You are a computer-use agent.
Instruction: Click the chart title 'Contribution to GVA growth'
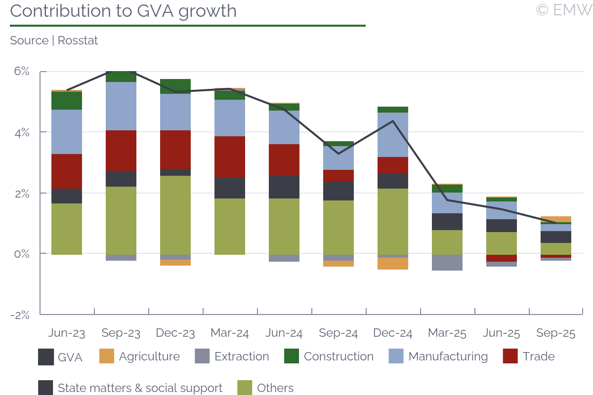(123, 11)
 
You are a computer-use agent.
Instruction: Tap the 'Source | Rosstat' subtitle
(54, 40)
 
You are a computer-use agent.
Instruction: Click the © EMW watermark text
(564, 10)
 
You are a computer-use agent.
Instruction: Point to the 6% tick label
(22, 71)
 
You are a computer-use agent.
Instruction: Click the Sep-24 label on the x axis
(338, 333)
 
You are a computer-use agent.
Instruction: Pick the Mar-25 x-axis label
(447, 333)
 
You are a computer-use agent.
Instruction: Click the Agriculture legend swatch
(107, 356)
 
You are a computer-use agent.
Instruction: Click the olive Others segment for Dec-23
(175, 215)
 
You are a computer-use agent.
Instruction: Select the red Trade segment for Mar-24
(230, 157)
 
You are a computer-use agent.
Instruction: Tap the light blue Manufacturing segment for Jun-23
(67, 132)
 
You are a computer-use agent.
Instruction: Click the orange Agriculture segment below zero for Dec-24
(393, 263)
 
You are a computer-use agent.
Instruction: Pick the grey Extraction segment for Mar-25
(447, 262)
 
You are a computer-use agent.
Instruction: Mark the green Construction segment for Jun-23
(67, 101)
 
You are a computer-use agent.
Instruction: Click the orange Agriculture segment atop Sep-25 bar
(556, 219)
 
